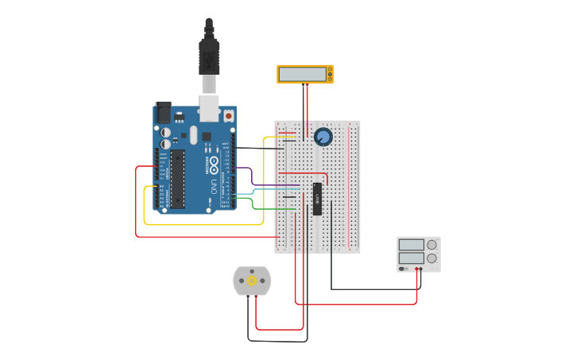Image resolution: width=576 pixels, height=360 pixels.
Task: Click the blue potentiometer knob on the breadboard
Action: (x=323, y=137)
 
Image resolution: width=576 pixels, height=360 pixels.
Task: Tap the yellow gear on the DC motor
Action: (x=252, y=281)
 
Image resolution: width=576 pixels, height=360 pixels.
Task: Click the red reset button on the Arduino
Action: (x=229, y=116)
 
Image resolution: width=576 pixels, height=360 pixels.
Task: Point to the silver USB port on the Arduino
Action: (x=209, y=109)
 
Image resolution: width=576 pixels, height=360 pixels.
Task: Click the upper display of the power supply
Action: (x=411, y=245)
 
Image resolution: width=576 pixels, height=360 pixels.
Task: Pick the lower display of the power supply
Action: (x=411, y=258)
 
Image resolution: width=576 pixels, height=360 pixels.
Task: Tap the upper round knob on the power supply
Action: (x=431, y=245)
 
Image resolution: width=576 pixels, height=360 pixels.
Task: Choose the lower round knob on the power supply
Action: (x=431, y=258)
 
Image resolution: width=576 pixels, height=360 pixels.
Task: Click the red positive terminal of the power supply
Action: (x=419, y=269)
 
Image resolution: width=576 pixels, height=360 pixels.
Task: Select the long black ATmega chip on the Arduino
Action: (x=177, y=179)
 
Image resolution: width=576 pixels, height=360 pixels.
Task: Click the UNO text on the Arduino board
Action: (x=214, y=188)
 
